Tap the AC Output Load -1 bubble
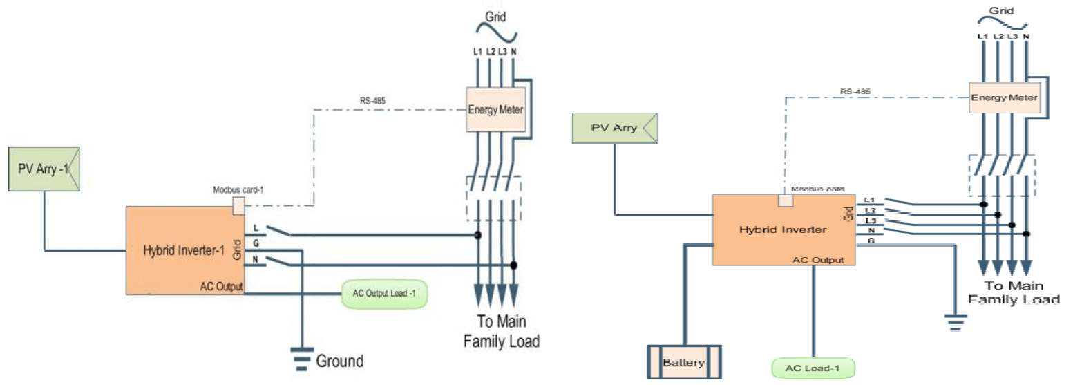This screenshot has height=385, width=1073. tap(384, 294)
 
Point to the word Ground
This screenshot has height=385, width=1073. tap(339, 361)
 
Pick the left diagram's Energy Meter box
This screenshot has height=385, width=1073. tap(496, 111)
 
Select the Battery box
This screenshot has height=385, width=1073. tap(684, 361)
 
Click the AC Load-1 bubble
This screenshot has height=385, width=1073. tap(812, 367)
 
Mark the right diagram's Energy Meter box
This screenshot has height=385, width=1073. tap(1004, 98)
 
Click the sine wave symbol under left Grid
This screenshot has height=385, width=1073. tap(494, 32)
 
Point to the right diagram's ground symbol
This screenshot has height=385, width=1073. tap(954, 320)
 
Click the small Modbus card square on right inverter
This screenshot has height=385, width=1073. tap(786, 200)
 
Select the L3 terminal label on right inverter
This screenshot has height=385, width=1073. tap(870, 220)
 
